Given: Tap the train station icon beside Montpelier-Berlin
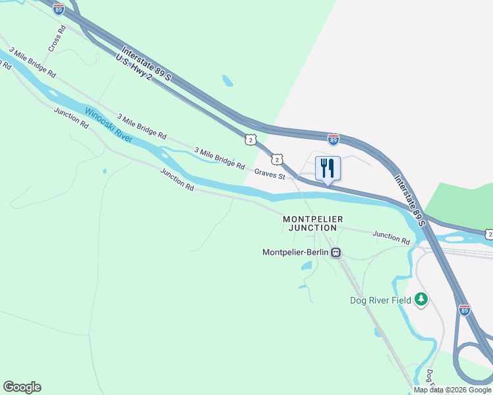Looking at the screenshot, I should pyautogui.click(x=336, y=252).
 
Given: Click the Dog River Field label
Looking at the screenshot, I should pyautogui.click(x=380, y=301).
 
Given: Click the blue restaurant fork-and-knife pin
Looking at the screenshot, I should pyautogui.click(x=328, y=168).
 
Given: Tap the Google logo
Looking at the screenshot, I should pyautogui.click(x=22, y=387).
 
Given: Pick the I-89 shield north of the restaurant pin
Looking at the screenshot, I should pyautogui.click(x=333, y=139).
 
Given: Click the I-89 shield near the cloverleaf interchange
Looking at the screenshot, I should pyautogui.click(x=465, y=309).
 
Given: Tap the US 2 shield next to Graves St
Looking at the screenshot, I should pyautogui.click(x=277, y=159).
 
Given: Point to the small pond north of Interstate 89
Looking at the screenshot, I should pyautogui.click(x=227, y=81).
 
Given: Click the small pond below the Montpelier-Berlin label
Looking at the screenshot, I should pyautogui.click(x=306, y=266).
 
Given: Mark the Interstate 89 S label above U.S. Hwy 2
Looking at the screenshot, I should pyautogui.click(x=146, y=64).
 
